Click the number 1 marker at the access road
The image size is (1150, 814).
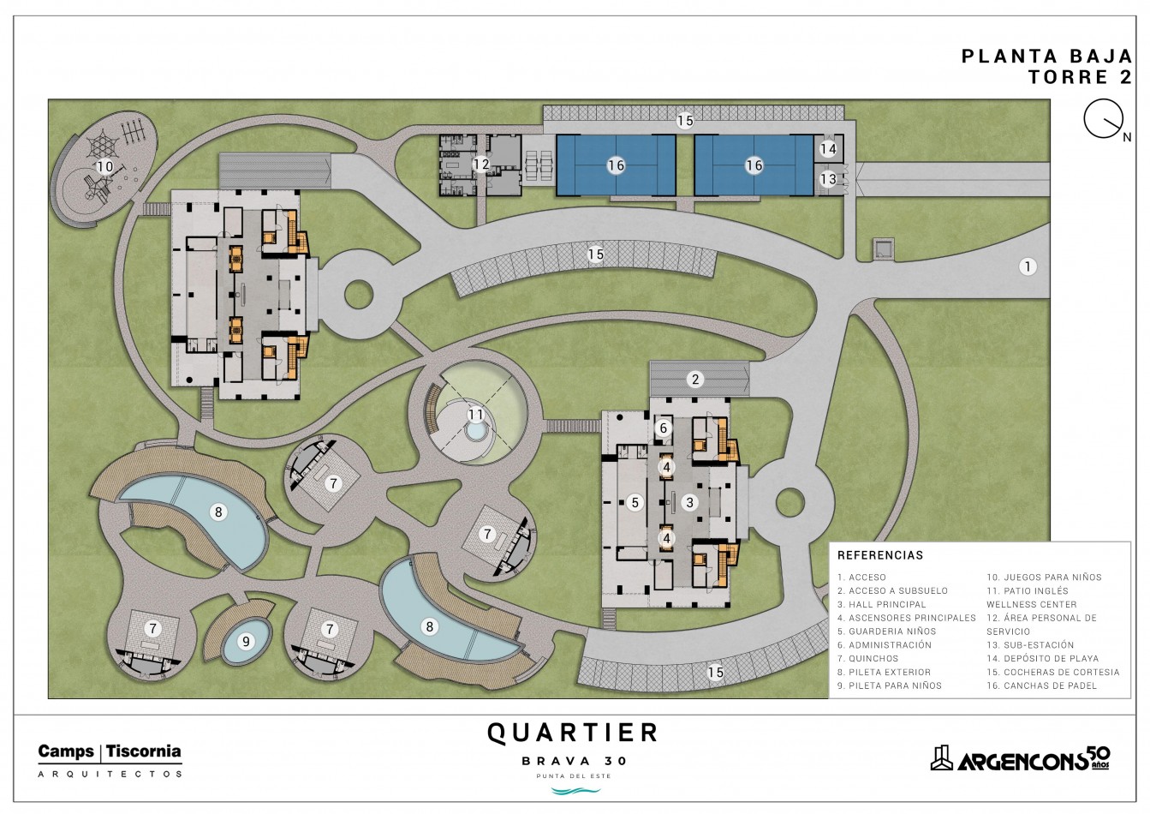1028,266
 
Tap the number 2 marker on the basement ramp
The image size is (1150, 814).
695,380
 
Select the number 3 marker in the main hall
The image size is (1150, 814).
690,503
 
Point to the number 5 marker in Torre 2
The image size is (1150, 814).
635,503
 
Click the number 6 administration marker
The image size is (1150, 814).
664,428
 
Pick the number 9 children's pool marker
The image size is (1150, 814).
246,642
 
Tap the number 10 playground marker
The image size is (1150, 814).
104,166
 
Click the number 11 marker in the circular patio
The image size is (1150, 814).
476,415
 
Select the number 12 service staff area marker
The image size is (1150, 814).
481,165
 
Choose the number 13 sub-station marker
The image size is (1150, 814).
828,179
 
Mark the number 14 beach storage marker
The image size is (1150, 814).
828,149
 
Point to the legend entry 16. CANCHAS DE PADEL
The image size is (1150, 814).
1041,685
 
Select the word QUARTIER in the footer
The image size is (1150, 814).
573,733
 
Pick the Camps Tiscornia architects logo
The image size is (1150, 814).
110,761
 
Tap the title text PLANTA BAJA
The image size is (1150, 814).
1046,56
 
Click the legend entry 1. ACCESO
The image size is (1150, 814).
862,578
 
